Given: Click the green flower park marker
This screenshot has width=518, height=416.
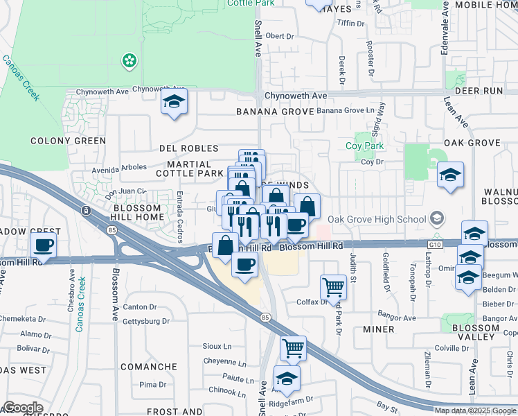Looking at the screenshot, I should click(129, 62).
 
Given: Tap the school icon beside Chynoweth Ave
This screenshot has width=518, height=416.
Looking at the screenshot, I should click(175, 103).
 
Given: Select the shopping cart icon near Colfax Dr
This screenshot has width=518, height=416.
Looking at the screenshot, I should click(333, 286).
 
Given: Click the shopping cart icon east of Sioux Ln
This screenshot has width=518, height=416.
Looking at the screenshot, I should click(293, 348).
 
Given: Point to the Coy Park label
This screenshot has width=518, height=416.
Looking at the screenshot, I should click(364, 146).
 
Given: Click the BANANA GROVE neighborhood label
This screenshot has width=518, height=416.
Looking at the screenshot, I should click(275, 111).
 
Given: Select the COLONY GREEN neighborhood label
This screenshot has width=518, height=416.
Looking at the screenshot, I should click(69, 141).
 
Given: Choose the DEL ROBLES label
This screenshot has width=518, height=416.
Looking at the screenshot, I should click(189, 148).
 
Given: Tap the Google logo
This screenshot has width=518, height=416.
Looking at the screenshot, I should click(23, 408).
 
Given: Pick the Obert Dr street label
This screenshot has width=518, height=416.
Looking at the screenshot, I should click(280, 36).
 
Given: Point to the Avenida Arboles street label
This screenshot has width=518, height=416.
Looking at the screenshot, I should click(120, 167).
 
